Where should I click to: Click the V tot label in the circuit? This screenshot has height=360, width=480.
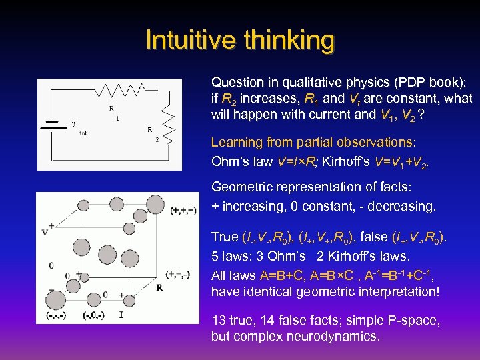78,127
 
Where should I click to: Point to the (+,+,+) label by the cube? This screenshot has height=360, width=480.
183,211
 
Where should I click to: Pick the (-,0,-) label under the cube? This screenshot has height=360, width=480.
94,315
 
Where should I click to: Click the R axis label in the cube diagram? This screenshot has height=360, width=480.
160,288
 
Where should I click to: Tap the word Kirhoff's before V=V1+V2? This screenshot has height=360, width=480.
335,161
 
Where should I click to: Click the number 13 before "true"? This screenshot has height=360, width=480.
218,320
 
